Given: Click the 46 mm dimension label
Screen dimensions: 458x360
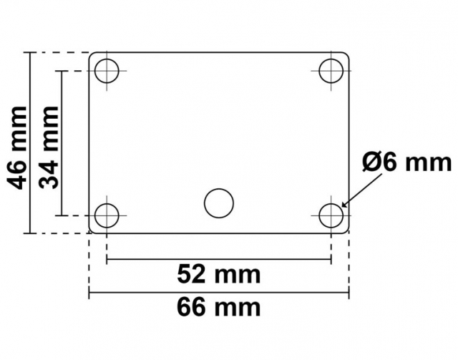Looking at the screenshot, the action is pyautogui.click(x=17, y=148).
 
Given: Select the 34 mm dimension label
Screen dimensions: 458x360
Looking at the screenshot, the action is pyautogui.click(x=49, y=148).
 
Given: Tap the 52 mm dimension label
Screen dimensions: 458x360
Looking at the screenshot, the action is pyautogui.click(x=219, y=274).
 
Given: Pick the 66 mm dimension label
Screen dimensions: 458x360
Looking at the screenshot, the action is pyautogui.click(x=219, y=307).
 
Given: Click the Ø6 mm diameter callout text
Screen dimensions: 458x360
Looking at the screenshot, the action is pyautogui.click(x=407, y=162).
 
